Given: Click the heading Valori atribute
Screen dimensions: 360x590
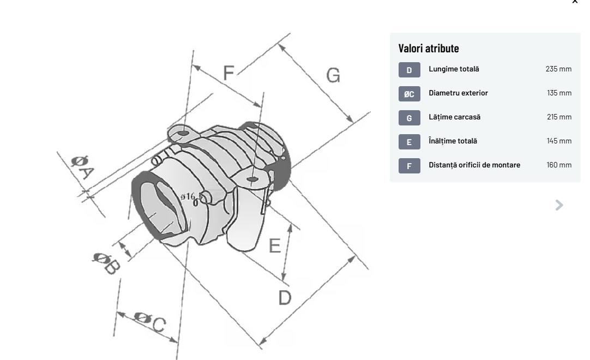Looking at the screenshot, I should [x=429, y=48].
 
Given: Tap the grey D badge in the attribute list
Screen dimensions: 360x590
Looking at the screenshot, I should [x=409, y=70].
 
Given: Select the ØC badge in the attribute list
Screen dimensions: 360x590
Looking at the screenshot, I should [x=409, y=94].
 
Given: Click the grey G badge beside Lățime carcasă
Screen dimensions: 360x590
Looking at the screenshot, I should [x=409, y=118].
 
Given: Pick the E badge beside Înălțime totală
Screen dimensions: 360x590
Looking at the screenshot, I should [x=409, y=142].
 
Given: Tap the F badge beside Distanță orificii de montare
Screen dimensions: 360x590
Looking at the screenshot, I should [x=409, y=166].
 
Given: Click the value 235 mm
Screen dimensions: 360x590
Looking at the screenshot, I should [x=558, y=69].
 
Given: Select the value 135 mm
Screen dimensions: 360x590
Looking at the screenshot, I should [x=559, y=93].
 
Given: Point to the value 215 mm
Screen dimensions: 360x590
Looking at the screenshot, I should [x=559, y=117].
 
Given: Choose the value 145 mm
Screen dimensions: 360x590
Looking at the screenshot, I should [x=559, y=141].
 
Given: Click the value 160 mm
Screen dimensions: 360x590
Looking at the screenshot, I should [x=559, y=165].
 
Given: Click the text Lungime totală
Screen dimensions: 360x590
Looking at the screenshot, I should [x=454, y=69].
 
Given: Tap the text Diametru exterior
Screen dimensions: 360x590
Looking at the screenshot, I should [x=458, y=93].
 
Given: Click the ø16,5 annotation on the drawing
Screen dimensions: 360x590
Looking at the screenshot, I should [x=191, y=197].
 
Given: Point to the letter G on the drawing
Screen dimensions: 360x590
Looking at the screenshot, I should [x=333, y=75].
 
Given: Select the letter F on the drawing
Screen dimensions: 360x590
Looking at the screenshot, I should [x=228, y=73].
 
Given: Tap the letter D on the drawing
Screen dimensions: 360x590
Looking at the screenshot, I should [x=285, y=297].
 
